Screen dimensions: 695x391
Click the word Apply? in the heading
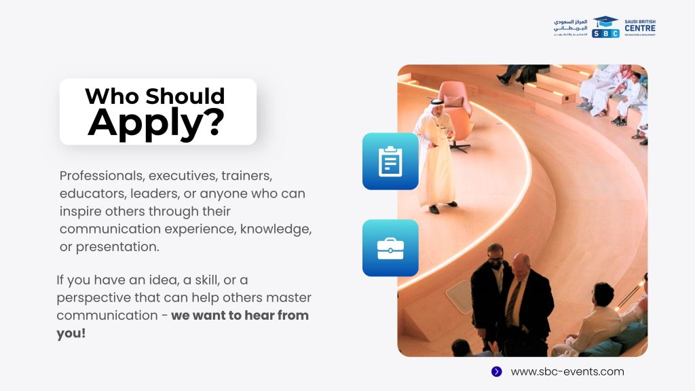[x=156, y=124]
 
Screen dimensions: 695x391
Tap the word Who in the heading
[x=113, y=96]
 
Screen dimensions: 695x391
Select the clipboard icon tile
[x=390, y=162]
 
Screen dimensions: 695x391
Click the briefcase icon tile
[x=390, y=248]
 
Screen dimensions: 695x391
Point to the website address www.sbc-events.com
[x=567, y=371]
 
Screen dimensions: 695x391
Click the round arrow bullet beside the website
[x=496, y=371]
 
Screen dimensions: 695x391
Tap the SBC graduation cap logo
[x=605, y=27]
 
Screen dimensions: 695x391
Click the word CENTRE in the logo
[x=639, y=29]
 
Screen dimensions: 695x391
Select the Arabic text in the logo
[x=570, y=27]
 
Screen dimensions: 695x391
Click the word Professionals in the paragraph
[x=102, y=176]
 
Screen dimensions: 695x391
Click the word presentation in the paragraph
[x=117, y=247]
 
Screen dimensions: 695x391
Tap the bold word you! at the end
[x=71, y=333]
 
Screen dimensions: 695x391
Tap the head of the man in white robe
[x=436, y=107]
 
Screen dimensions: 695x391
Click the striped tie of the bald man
[x=513, y=304]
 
